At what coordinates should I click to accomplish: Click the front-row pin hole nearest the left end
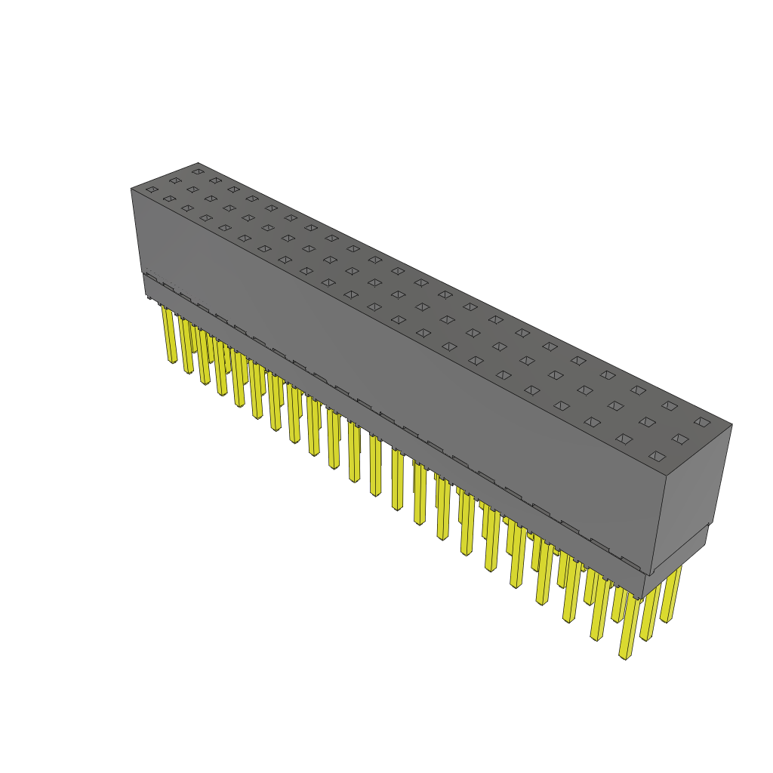(x=152, y=189)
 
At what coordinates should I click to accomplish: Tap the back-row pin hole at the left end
(x=197, y=171)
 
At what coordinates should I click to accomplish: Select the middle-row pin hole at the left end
(x=175, y=180)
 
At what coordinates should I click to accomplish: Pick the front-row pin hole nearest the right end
(x=658, y=456)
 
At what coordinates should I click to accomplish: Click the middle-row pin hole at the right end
(x=680, y=439)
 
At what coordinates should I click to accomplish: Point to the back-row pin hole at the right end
(x=702, y=422)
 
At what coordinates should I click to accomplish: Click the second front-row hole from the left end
(x=169, y=199)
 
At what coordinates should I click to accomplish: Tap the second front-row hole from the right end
(x=624, y=438)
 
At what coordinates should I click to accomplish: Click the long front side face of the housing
(x=393, y=362)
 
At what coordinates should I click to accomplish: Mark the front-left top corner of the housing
(x=131, y=189)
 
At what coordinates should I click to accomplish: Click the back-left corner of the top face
(x=198, y=162)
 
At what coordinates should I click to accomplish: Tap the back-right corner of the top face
(x=731, y=424)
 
